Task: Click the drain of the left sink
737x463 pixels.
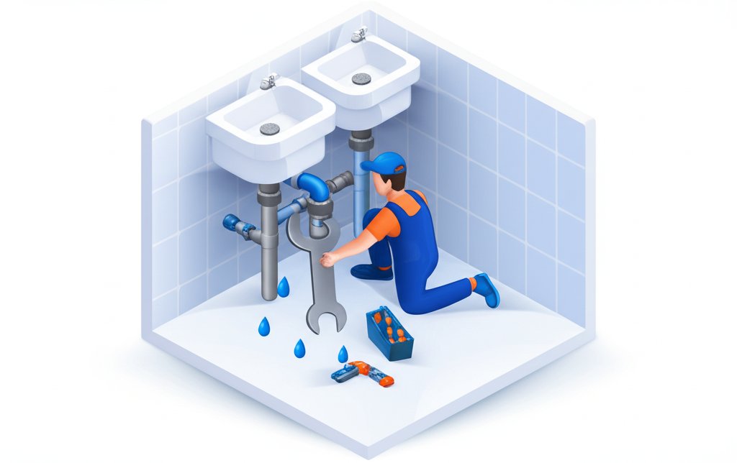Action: (x=269, y=129)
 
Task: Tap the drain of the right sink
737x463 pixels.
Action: (x=361, y=78)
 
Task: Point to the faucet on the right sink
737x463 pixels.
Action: (x=358, y=34)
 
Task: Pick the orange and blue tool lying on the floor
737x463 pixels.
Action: (x=361, y=372)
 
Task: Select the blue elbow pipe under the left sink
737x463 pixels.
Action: (x=313, y=188)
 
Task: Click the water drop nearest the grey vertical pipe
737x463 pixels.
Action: (x=284, y=288)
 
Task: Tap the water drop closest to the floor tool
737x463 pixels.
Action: (x=343, y=354)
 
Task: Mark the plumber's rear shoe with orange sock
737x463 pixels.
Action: (x=487, y=288)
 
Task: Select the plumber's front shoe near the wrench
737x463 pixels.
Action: (x=371, y=272)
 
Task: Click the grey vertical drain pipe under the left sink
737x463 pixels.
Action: (x=269, y=244)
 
